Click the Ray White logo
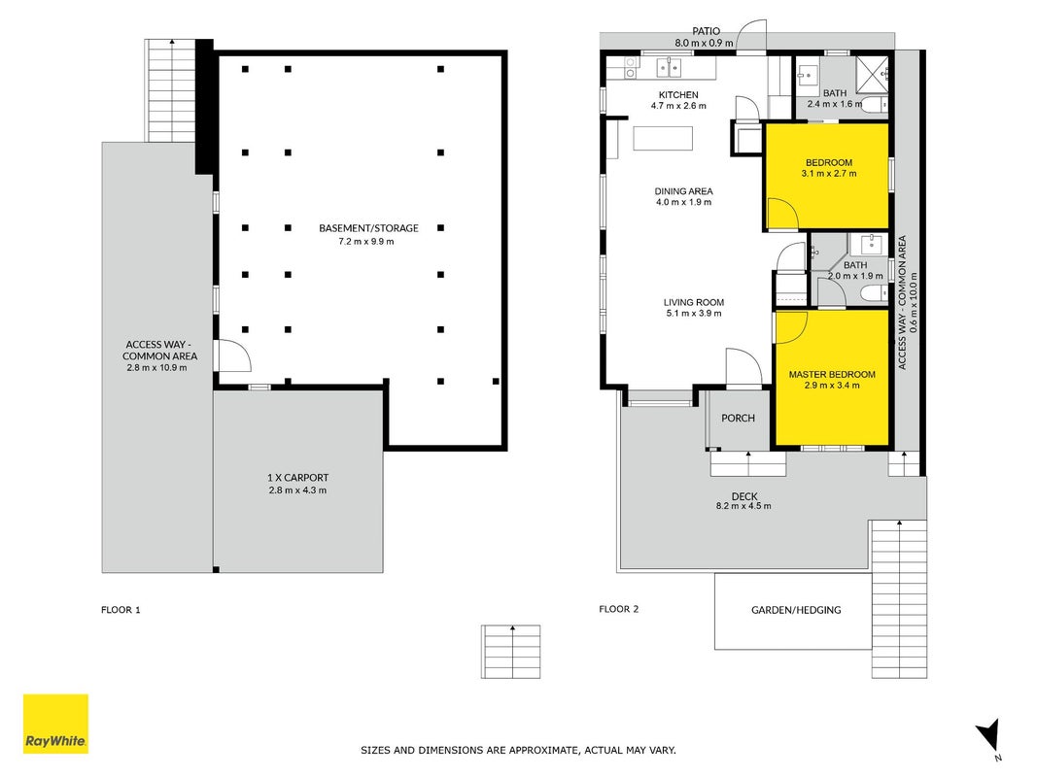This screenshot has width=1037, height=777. click(55, 724)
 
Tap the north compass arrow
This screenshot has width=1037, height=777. click(988, 734)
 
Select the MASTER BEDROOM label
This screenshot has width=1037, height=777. click(832, 374)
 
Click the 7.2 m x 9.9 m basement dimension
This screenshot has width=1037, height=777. click(366, 241)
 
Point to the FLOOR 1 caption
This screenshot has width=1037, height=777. click(121, 610)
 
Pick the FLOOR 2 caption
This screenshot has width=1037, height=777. click(619, 609)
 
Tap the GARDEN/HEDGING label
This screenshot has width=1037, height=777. click(796, 610)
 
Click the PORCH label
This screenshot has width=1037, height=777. click(738, 418)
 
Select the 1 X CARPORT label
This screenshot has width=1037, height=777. click(297, 477)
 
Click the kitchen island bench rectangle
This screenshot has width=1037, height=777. click(664, 139)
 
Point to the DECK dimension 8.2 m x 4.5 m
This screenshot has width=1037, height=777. click(743, 506)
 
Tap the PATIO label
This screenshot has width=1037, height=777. click(706, 31)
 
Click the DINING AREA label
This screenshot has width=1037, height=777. click(684, 191)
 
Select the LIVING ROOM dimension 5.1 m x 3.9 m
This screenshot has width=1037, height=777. click(694, 313)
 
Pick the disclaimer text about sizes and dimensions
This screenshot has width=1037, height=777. click(519, 750)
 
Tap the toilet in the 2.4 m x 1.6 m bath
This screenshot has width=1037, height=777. click(875, 104)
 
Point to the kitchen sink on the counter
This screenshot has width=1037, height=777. click(670, 67)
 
